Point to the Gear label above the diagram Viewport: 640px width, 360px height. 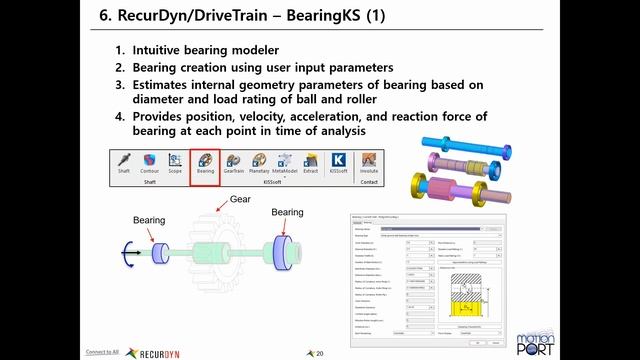click(x=240, y=200)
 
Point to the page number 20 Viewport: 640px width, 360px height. click(x=320, y=353)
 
